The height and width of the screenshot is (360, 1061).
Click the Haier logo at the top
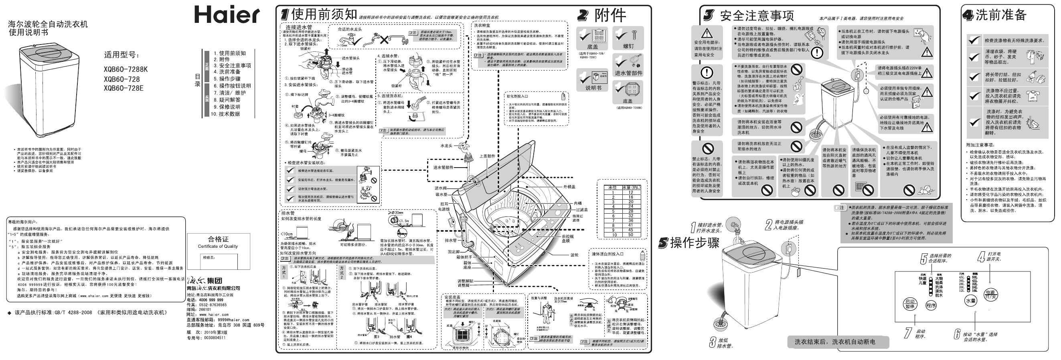pos(227,15)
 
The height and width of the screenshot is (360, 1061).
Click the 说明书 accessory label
pos(593,88)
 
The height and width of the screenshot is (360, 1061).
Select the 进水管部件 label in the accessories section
pos(628,73)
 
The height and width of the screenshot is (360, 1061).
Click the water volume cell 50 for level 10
pos(631,235)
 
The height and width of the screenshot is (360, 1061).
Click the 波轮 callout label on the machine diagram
pos(574,255)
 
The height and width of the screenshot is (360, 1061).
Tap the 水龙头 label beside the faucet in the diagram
pos(446,146)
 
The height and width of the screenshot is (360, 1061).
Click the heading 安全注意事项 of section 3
pos(757,16)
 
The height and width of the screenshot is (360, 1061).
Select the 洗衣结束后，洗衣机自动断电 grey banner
pos(835,342)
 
